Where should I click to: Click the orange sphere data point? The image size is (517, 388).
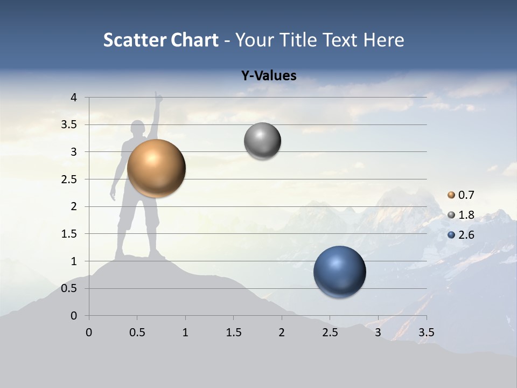tap(157, 168)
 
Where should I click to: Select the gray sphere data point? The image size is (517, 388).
tap(262, 141)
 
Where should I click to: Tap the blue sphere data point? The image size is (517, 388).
tap(339, 272)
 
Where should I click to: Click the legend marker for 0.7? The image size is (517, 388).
tap(451, 195)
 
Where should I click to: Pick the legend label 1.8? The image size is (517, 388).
tap(466, 215)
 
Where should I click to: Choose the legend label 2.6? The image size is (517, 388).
tap(466, 235)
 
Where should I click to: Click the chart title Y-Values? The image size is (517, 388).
tap(268, 76)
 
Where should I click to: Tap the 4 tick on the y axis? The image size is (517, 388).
tap(74, 98)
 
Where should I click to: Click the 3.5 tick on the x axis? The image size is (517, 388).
tap(427, 332)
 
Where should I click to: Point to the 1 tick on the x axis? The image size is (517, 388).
tap(185, 332)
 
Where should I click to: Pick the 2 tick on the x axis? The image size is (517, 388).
tap(282, 332)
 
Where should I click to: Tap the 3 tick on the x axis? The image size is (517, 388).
tap(378, 332)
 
